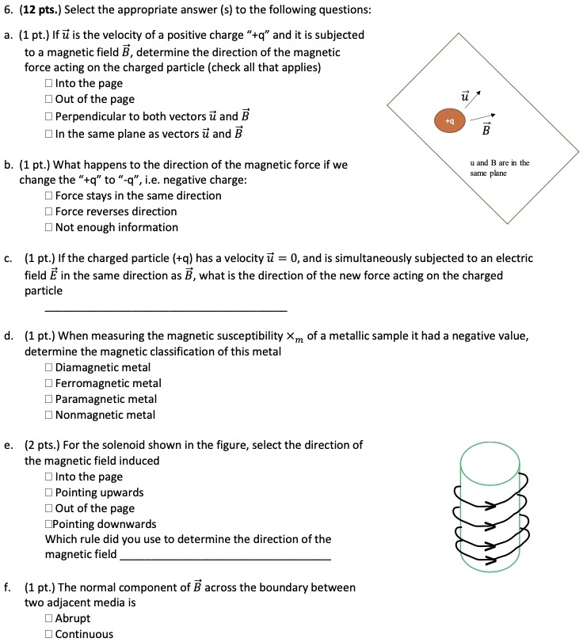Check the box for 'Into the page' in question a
click(50, 83)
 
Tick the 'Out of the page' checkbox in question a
click(50, 99)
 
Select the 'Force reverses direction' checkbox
click(50, 211)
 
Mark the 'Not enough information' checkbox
click(50, 227)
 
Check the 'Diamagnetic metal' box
click(50, 367)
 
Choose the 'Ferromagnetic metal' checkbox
click(50, 383)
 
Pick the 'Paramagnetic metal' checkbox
click(50, 399)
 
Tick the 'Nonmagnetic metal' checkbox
click(50, 415)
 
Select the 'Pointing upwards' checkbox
click(50, 492)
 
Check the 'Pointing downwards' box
click(49, 524)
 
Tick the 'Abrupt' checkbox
click(50, 618)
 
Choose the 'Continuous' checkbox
click(50, 634)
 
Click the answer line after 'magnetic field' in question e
click(226, 559)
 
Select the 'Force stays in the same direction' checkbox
click(50, 196)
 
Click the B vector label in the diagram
click(486, 128)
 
